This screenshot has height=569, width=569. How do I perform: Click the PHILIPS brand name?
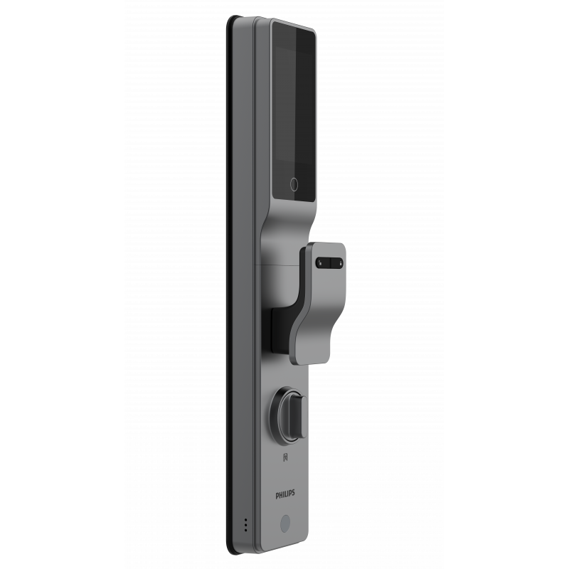pos(285,494)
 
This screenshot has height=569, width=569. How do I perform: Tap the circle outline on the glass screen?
pos(294,185)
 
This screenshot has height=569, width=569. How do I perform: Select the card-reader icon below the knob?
pos(286,457)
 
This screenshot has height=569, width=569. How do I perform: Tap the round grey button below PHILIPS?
pos(286,523)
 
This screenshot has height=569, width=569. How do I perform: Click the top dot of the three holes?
pos(245,521)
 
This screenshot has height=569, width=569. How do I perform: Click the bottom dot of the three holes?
pos(245,530)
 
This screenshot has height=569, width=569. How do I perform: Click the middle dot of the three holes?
pos(245,525)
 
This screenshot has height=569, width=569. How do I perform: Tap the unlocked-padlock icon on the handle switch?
pos(320,262)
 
